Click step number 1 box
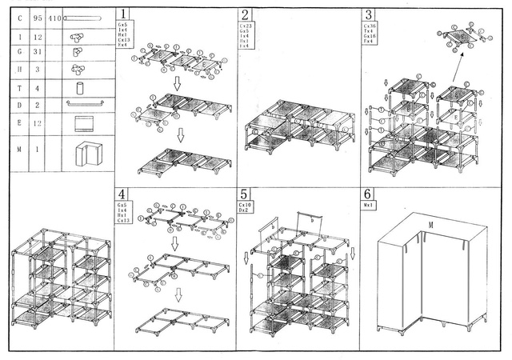(x=122, y=14)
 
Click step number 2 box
(x=245, y=14)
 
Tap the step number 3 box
(x=368, y=14)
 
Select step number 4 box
(x=122, y=194)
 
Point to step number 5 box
(x=245, y=194)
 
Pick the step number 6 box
(x=368, y=194)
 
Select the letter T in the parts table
(x=18, y=89)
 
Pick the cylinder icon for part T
(x=80, y=89)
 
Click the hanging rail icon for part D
(x=85, y=104)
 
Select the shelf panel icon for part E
(x=84, y=124)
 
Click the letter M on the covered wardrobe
(x=430, y=226)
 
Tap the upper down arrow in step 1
(x=178, y=82)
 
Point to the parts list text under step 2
(x=246, y=36)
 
